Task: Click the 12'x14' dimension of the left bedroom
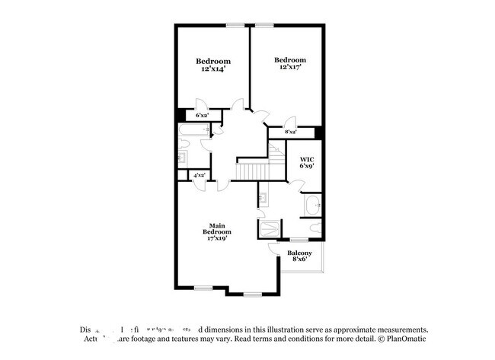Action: [x=213, y=69]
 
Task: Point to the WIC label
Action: [x=307, y=159]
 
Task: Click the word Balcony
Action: [x=299, y=253]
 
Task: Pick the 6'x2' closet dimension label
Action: [x=202, y=115]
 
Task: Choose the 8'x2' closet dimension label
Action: [x=290, y=132]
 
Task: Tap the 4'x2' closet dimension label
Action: [x=199, y=175]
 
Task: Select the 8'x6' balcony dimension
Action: [x=299, y=260]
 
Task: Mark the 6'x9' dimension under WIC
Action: [x=307, y=166]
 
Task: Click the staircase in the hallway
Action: [x=251, y=171]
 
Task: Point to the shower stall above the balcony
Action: [x=270, y=229]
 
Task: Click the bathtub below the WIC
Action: [x=313, y=205]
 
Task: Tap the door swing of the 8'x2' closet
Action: [x=290, y=122]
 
